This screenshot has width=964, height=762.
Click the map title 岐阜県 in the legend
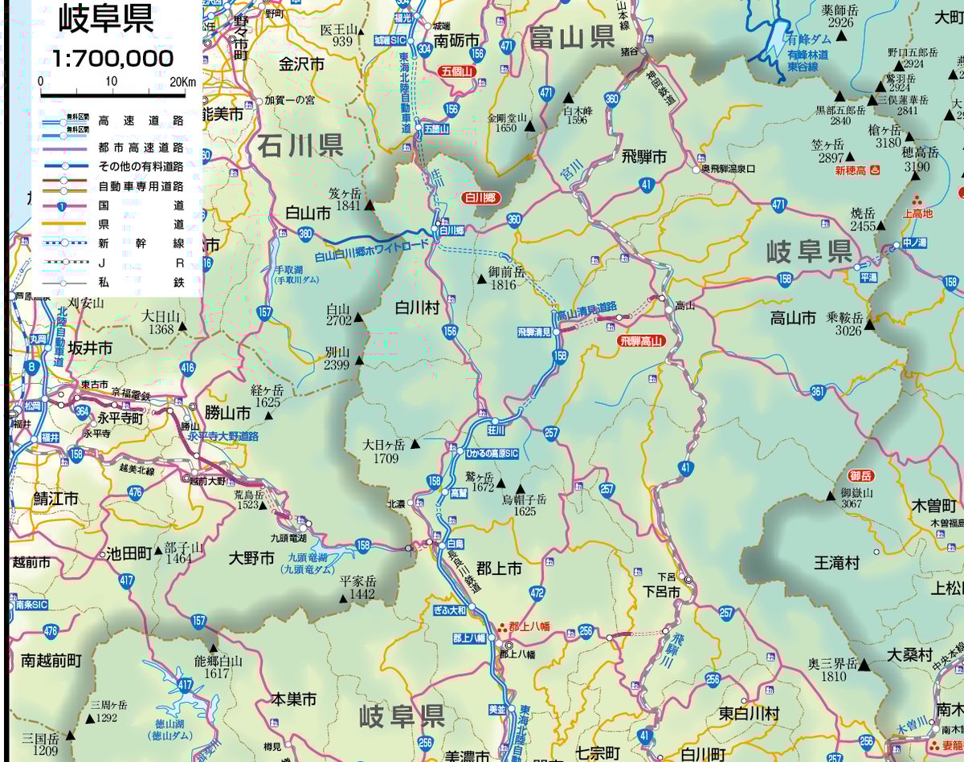(105, 19)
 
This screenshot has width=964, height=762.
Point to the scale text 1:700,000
(112, 59)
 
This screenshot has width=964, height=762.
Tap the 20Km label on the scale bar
(182, 82)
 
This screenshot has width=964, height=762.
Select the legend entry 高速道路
(141, 121)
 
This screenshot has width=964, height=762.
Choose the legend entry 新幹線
(141, 242)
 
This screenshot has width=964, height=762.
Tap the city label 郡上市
(499, 568)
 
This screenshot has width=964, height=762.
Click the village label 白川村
(417, 308)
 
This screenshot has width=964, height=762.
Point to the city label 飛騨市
(643, 157)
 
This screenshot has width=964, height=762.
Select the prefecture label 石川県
(300, 145)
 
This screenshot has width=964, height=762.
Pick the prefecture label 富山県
(572, 37)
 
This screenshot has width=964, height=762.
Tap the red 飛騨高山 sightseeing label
(643, 341)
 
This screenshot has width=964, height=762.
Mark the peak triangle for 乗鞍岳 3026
(869, 328)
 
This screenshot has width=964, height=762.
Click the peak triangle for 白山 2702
(358, 318)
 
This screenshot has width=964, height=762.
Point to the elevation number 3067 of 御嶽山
(852, 504)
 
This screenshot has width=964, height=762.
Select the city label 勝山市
(227, 413)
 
